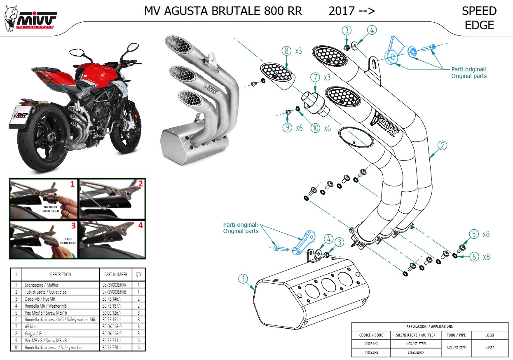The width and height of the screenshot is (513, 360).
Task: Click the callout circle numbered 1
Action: tap(244, 279)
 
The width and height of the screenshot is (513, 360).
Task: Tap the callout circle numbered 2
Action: tap(442, 145)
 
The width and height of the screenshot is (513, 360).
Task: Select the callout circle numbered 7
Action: tap(316, 77)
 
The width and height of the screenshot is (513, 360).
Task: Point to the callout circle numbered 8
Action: tap(286, 51)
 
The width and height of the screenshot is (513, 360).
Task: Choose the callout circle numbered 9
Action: tap(287, 128)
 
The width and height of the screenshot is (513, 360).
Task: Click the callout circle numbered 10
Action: tap(315, 128)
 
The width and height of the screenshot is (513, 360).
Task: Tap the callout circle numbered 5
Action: tap(474, 234)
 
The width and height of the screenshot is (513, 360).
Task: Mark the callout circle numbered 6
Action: tap(474, 256)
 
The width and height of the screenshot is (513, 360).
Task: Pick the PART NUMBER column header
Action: tap(114, 274)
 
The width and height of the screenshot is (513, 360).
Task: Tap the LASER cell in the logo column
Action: tap(490, 348)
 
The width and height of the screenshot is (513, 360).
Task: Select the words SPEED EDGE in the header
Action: tap(479, 18)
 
